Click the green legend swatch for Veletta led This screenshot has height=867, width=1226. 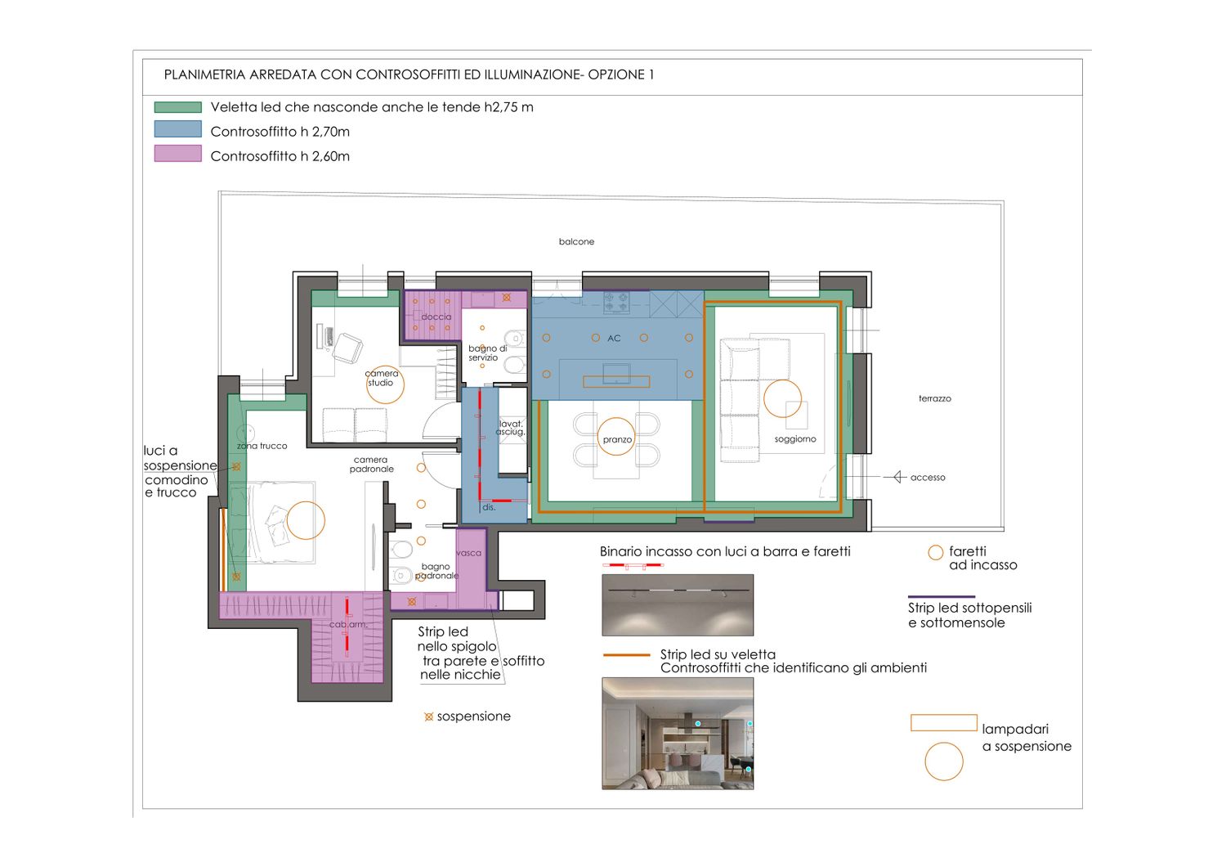178,107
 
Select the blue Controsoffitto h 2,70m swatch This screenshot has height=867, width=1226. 178,128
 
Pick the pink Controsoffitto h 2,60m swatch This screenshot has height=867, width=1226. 178,153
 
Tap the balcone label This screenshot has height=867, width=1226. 576,241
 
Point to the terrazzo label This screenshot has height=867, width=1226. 935,398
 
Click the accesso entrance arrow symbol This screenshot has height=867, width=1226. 897,477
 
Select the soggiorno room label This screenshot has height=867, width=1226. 795,439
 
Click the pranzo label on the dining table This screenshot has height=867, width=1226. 617,440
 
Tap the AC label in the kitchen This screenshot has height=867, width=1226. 614,339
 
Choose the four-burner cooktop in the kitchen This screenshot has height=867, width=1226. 616,302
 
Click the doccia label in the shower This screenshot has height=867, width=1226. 436,317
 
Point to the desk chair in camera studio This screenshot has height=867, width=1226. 347,348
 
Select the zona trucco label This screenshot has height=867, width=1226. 262,446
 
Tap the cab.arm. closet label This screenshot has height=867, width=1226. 349,624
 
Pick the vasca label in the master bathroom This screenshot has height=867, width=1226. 468,553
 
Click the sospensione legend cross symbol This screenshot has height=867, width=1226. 428,717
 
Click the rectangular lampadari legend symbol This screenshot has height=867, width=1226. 943,723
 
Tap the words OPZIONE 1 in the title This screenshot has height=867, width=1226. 620,74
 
